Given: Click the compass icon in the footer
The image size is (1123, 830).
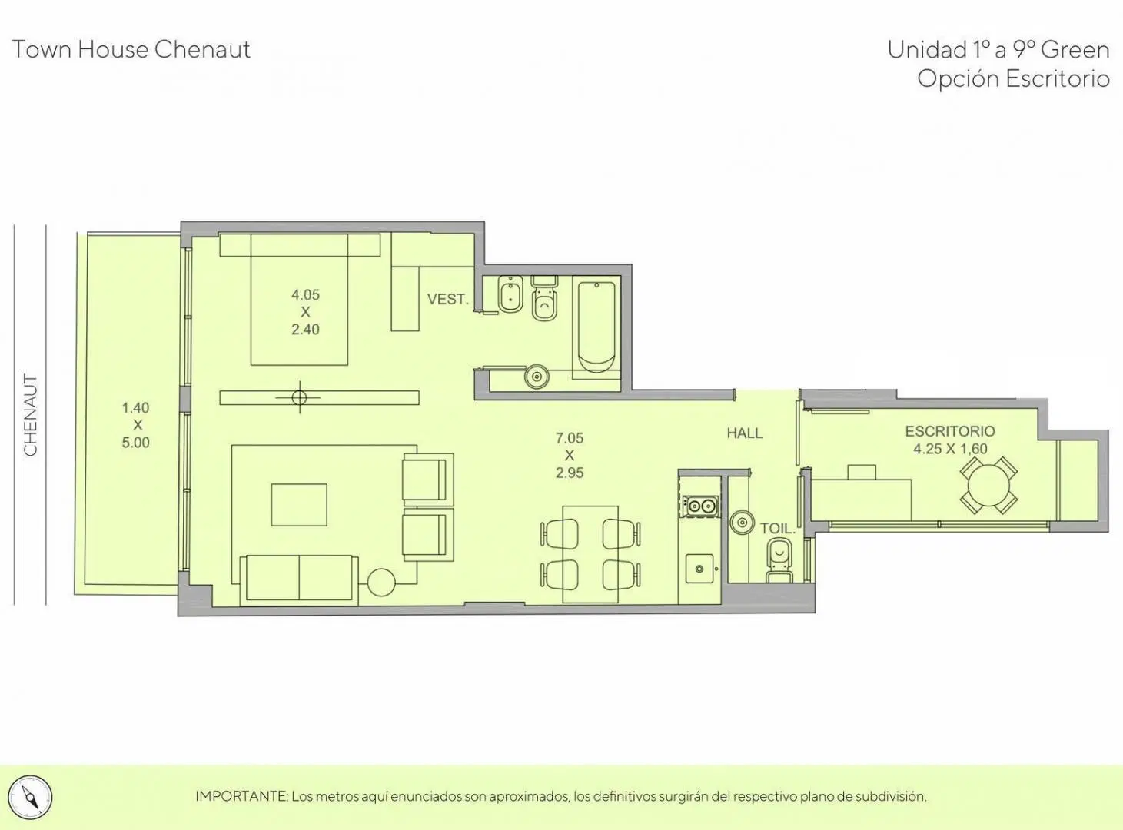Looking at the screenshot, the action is (31, 797).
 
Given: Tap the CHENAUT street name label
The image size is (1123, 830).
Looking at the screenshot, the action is (31, 415).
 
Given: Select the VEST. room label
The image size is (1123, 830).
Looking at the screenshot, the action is (447, 299).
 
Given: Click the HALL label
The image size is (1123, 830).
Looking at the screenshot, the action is (744, 433).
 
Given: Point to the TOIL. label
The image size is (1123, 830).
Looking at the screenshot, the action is (778, 529).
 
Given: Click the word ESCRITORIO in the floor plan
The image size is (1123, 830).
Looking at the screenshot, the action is (950, 431).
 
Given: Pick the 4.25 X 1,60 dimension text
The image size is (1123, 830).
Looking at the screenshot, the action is (950, 449).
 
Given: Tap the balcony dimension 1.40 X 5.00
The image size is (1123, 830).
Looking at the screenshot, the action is (136, 425).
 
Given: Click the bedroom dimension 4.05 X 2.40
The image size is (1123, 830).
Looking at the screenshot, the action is (305, 312).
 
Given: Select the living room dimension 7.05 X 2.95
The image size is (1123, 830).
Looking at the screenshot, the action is (570, 455).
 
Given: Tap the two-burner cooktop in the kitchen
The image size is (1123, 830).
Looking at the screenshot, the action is (700, 506).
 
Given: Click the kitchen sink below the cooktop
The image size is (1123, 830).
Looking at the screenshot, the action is (699, 569).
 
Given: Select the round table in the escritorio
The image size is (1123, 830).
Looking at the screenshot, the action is (988, 485).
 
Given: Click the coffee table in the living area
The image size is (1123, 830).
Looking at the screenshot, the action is (299, 505).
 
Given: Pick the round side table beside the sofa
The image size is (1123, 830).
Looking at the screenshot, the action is (380, 582).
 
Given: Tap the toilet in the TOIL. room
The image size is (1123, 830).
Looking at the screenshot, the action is (779, 560).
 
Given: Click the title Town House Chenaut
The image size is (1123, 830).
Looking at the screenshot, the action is (131, 50).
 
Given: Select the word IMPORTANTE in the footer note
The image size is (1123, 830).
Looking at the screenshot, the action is (241, 797).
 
